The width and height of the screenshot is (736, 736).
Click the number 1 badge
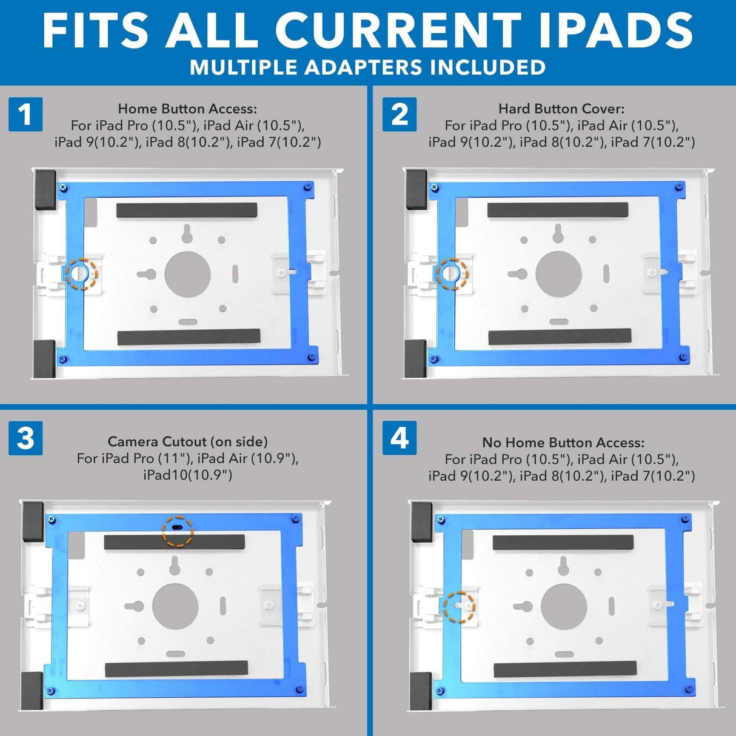click(x=25, y=114)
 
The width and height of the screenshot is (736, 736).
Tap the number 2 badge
click(x=400, y=114)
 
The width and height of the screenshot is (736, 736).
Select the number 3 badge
click(x=25, y=438)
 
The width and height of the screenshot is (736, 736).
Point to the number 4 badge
click(x=400, y=438)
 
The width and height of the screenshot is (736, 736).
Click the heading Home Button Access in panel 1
click(x=187, y=109)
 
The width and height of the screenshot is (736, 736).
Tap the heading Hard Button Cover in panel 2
click(x=561, y=109)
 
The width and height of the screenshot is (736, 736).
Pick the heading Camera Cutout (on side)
click(x=187, y=442)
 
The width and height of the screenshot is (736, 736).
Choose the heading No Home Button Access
click(x=563, y=443)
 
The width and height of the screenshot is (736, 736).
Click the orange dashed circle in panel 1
click(x=81, y=273)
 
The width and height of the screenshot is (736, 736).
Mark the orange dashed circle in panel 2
click(x=452, y=273)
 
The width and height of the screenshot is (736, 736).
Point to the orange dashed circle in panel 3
click(x=177, y=530)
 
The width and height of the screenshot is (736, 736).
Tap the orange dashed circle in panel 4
click(x=459, y=607)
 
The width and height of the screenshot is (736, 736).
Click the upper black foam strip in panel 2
click(x=558, y=211)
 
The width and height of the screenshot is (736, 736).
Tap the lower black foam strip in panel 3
click(x=176, y=669)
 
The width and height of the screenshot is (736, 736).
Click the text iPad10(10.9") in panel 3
click(x=187, y=475)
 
